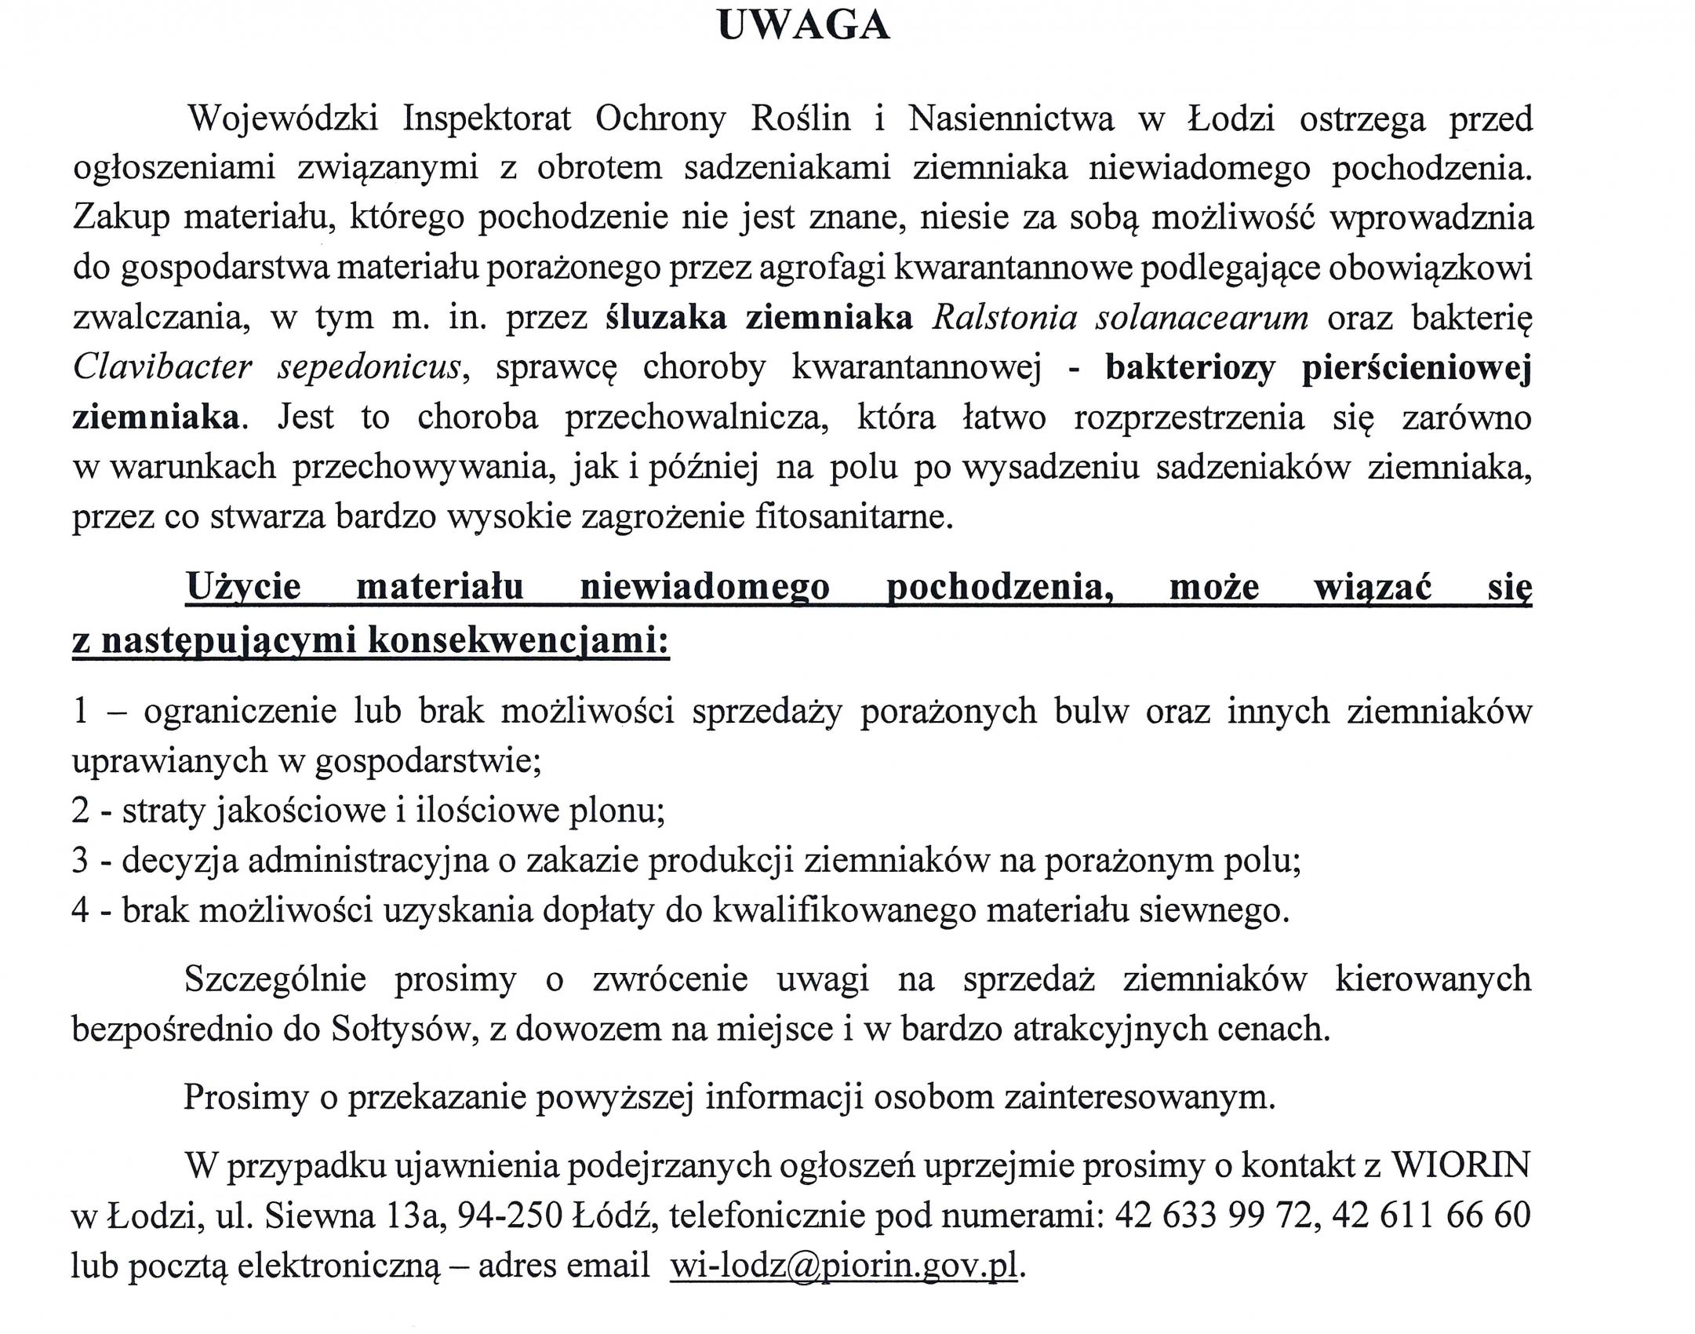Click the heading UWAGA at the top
pyautogui.click(x=803, y=26)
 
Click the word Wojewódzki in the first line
pyautogui.click(x=283, y=119)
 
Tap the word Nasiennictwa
pyautogui.click(x=1010, y=119)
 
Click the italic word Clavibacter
pyautogui.click(x=162, y=367)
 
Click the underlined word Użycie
pyautogui.click(x=243, y=586)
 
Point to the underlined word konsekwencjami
pyautogui.click(x=518, y=640)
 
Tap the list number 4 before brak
pyautogui.click(x=81, y=910)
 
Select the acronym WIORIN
pyautogui.click(x=1460, y=1165)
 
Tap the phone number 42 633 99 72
pyautogui.click(x=1213, y=1215)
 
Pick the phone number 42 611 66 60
pyautogui.click(x=1431, y=1215)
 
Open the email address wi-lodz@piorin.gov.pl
pyautogui.click(x=844, y=1265)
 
